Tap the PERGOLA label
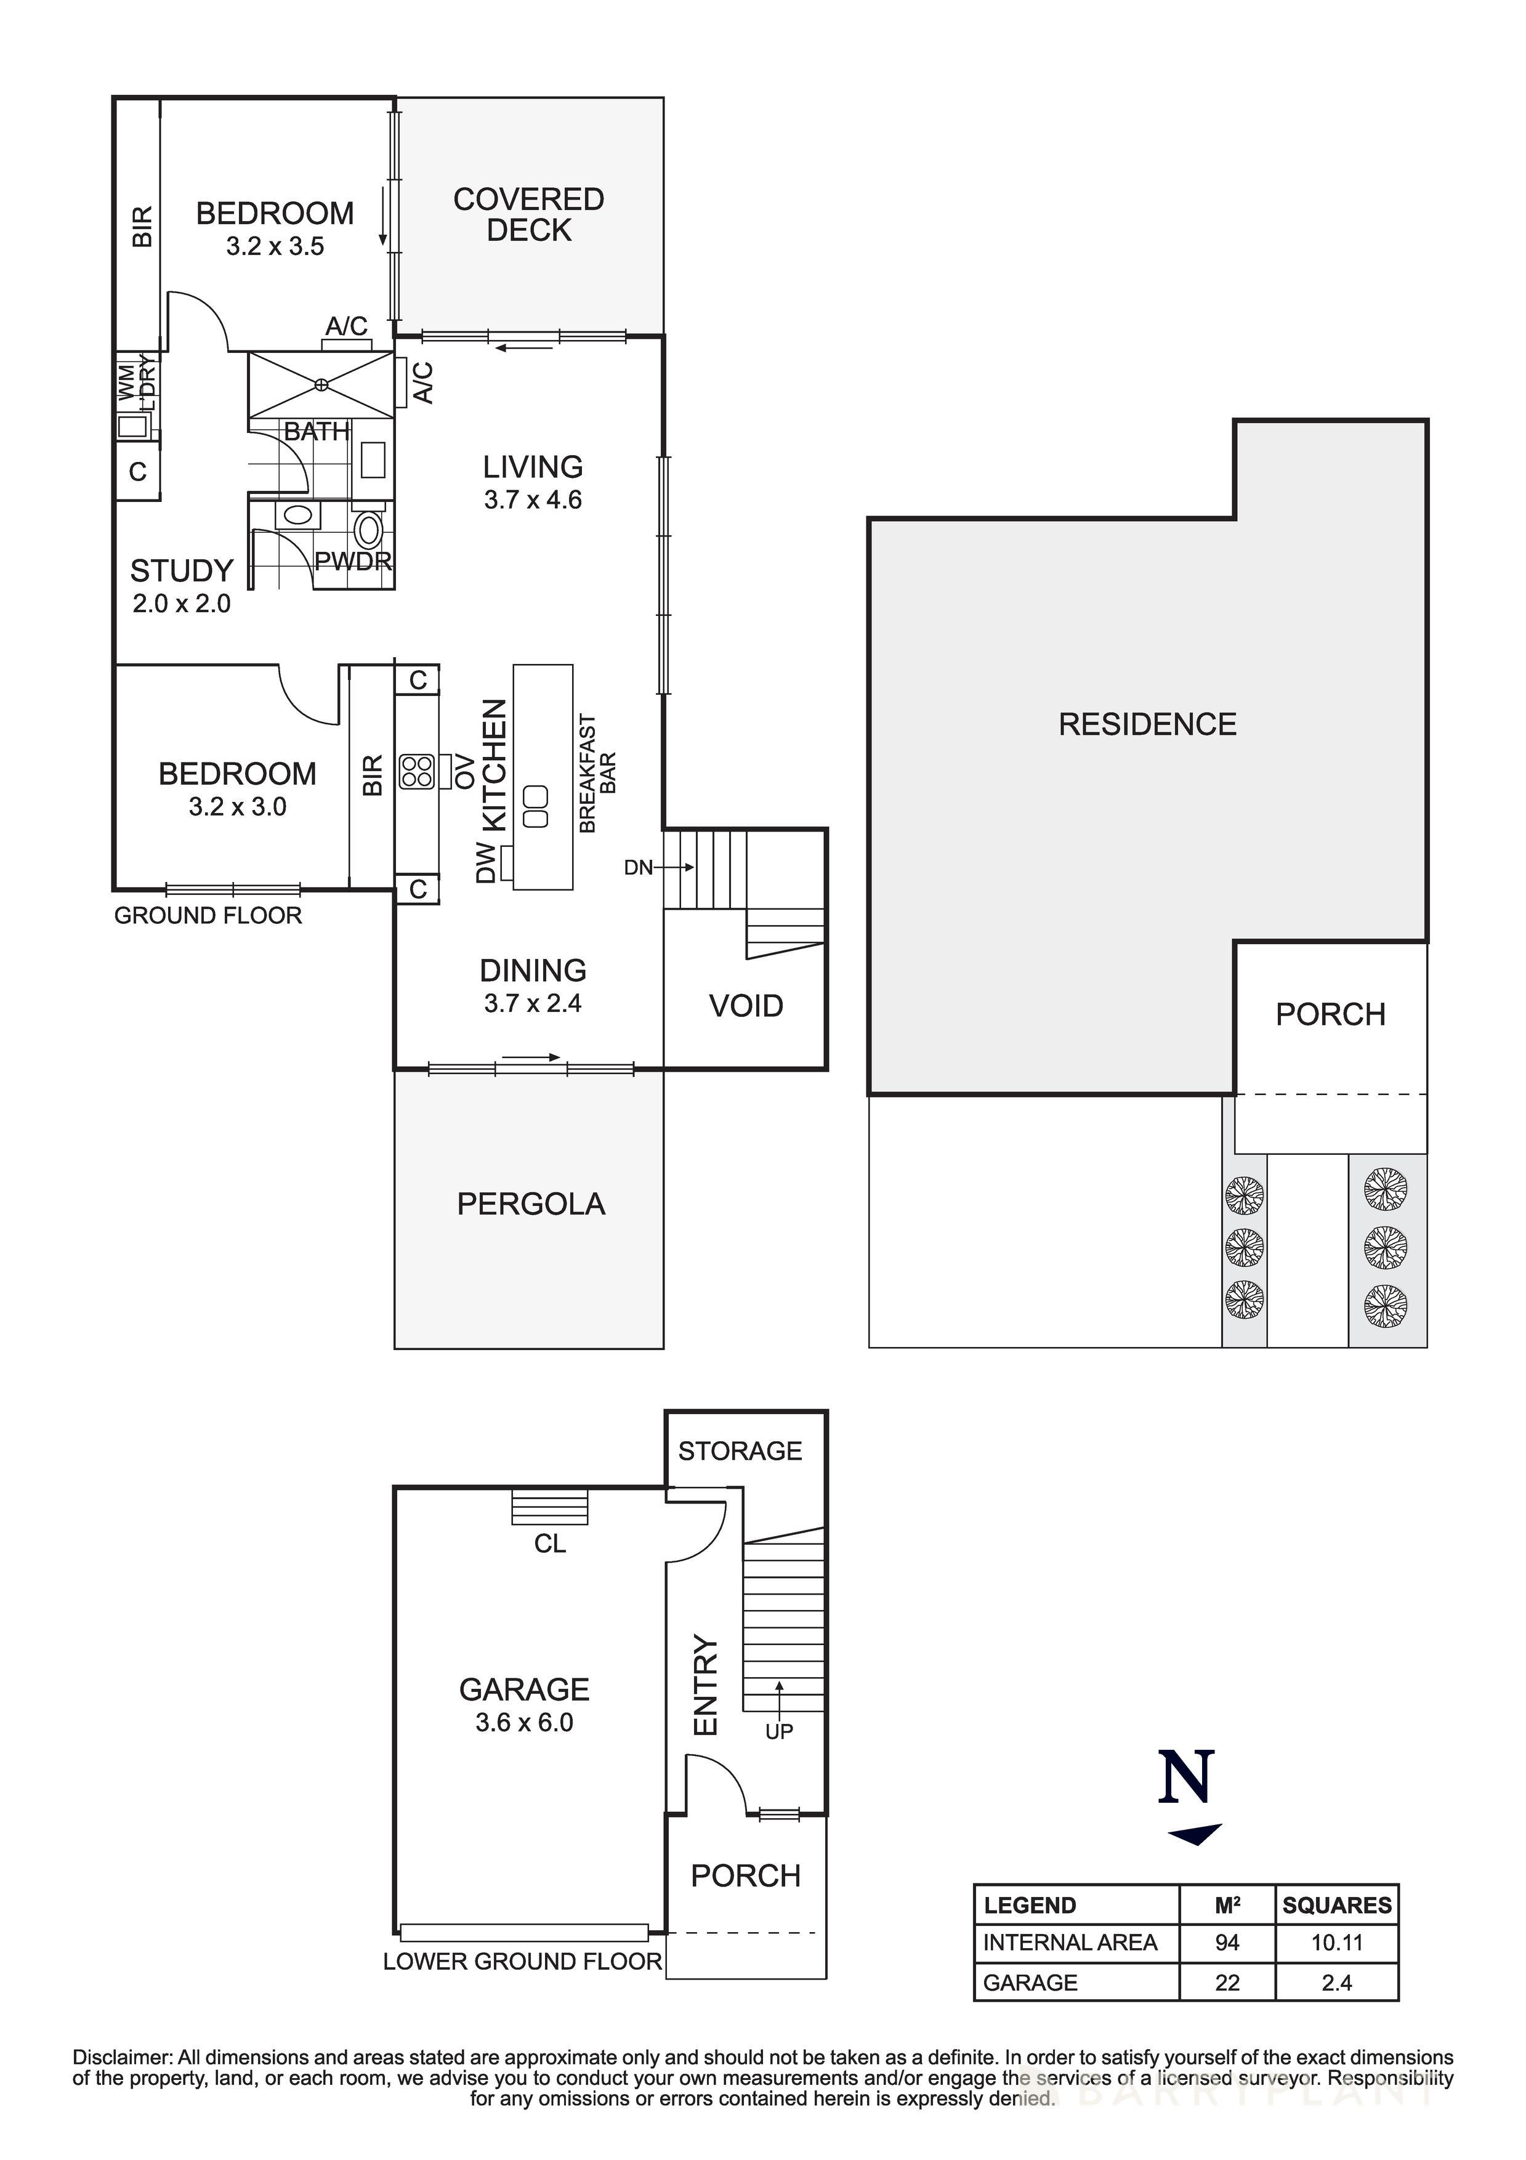[x=531, y=1204]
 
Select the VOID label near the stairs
[x=746, y=1006]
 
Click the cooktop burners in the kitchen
[x=416, y=771]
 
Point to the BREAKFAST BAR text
[x=597, y=774]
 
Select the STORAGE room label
[x=740, y=1450]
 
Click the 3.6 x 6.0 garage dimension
[x=524, y=1723]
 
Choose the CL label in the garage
[x=549, y=1544]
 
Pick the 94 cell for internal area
[x=1227, y=1943]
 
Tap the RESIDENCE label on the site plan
[x=1147, y=724]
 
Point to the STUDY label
[x=180, y=571]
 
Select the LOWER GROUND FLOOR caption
[x=522, y=1962]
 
